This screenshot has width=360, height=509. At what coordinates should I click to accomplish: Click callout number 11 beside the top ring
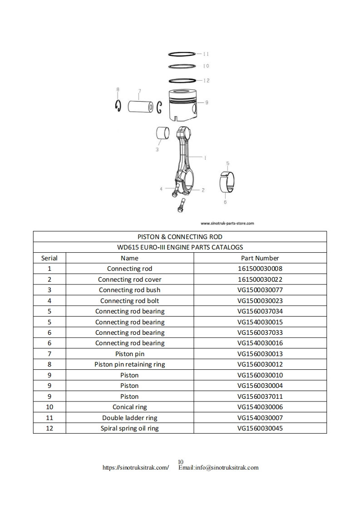206,54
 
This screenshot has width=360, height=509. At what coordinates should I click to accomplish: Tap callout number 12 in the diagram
207,81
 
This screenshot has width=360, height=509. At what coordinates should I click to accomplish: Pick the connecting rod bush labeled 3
163,134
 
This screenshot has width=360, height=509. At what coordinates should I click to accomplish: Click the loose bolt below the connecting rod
181,206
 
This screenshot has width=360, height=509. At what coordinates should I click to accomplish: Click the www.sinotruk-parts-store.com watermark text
227,223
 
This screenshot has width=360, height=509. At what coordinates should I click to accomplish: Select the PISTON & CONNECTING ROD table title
180,237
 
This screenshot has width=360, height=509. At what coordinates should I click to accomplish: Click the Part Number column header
260,258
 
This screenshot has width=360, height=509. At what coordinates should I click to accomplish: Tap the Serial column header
49,258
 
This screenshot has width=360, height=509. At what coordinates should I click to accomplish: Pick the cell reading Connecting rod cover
130,279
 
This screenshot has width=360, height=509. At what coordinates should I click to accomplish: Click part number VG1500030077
260,290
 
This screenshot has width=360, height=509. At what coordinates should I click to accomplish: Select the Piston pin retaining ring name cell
130,364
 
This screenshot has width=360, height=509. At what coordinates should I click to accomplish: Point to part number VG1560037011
260,396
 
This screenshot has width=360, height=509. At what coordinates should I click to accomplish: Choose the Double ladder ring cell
130,418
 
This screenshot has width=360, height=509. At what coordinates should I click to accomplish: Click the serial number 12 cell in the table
49,428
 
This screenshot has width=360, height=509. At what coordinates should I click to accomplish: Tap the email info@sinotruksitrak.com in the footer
218,468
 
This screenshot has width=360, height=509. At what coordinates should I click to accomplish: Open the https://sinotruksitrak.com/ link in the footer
136,468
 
